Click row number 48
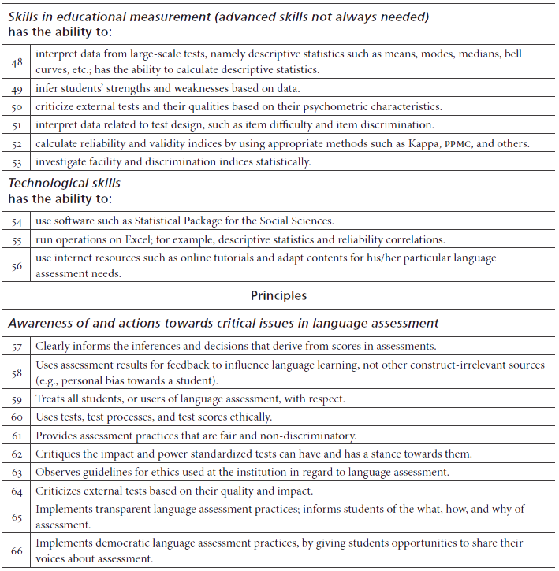(17, 61)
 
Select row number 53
(17, 162)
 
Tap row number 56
(17, 265)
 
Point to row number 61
(17, 436)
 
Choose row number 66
(17, 550)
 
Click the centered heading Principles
(278, 296)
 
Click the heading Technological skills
(64, 183)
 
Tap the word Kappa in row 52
(404, 144)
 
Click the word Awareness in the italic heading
(39, 323)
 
